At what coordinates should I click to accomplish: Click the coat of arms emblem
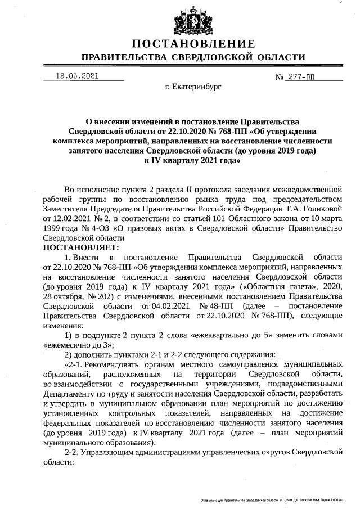click(193, 20)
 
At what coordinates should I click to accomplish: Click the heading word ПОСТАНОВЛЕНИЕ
click(193, 44)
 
